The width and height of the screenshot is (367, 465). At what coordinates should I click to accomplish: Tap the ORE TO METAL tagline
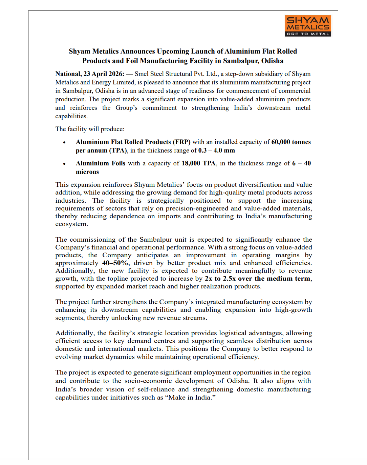tap(308, 34)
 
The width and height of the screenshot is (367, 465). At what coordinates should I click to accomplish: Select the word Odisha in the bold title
tap(272, 61)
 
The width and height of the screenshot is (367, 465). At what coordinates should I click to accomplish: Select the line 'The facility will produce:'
tap(90, 129)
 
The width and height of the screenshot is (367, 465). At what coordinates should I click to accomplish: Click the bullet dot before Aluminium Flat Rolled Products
tap(64, 142)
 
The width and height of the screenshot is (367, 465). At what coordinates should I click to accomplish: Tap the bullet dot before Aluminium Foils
tap(64, 164)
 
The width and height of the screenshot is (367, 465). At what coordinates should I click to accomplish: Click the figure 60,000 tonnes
tap(291, 142)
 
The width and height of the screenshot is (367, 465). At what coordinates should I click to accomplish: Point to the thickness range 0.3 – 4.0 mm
tap(216, 150)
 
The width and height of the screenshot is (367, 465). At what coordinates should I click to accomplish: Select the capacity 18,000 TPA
tap(198, 163)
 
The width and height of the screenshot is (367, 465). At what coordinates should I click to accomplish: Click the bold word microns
tap(87, 172)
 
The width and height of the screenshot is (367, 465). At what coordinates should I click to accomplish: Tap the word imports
tap(169, 216)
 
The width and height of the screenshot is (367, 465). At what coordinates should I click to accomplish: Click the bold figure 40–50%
tap(115, 263)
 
